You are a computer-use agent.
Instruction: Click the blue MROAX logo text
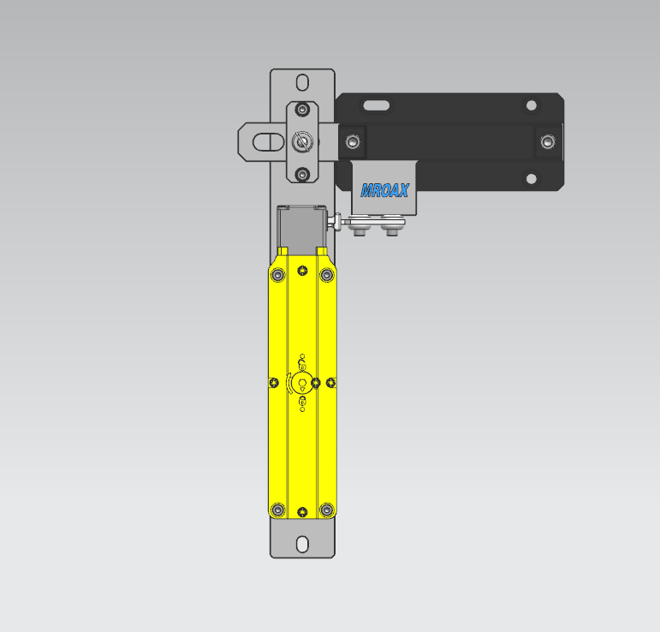(x=384, y=191)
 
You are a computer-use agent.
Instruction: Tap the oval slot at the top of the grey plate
(x=302, y=82)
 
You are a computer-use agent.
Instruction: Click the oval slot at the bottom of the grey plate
(x=302, y=544)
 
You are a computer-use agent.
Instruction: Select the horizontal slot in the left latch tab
(x=269, y=142)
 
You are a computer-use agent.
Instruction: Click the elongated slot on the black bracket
(x=377, y=105)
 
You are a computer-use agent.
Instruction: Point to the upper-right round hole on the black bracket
(x=532, y=104)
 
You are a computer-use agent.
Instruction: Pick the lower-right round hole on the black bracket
(x=532, y=178)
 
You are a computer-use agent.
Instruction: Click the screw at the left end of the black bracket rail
(x=353, y=142)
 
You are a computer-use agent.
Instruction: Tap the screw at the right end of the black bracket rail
(x=548, y=142)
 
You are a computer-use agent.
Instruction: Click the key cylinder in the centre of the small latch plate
(x=302, y=142)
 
